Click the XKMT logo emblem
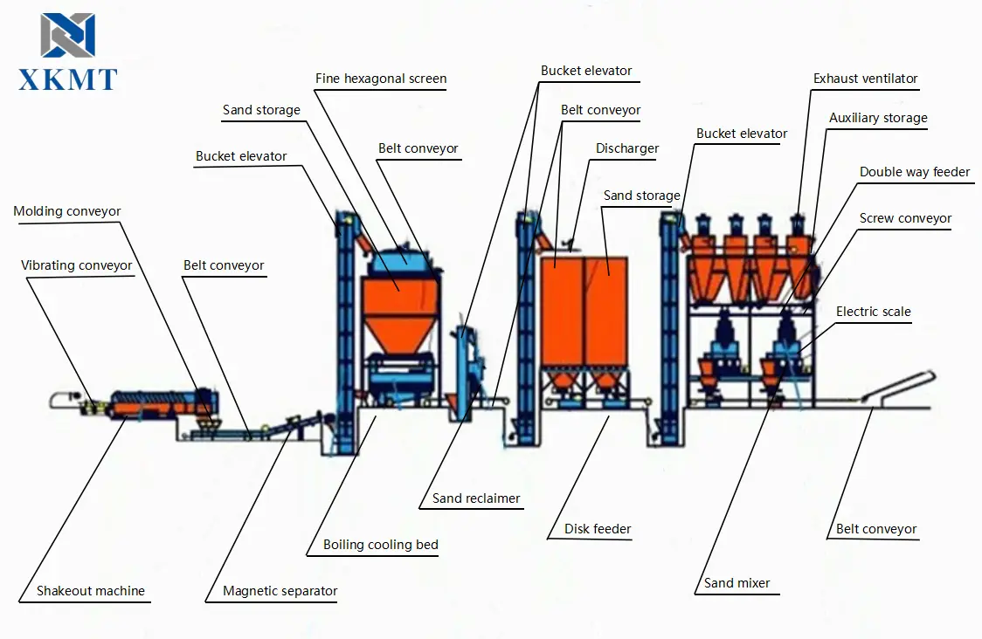click(67, 36)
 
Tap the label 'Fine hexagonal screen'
click(381, 79)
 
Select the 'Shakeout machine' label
click(90, 591)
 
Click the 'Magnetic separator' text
click(280, 591)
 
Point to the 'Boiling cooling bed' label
click(380, 545)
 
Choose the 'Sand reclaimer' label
click(476, 499)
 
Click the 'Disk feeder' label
click(598, 528)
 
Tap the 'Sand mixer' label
click(736, 583)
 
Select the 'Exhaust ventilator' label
click(865, 79)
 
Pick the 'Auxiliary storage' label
click(878, 118)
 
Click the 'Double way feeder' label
click(915, 172)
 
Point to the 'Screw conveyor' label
click(905, 218)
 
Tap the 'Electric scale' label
click(873, 312)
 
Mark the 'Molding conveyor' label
click(67, 211)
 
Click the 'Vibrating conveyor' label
click(77, 265)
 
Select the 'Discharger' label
click(626, 148)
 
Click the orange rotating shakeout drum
click(157, 404)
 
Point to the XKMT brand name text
click(68, 79)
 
